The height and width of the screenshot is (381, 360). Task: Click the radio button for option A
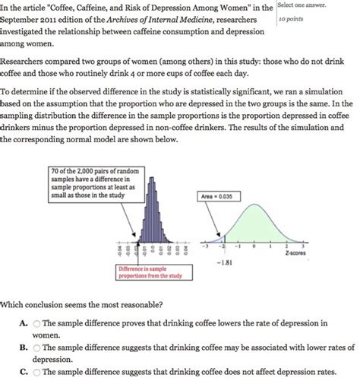click(37, 323)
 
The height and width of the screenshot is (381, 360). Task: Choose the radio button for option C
click(37, 373)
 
